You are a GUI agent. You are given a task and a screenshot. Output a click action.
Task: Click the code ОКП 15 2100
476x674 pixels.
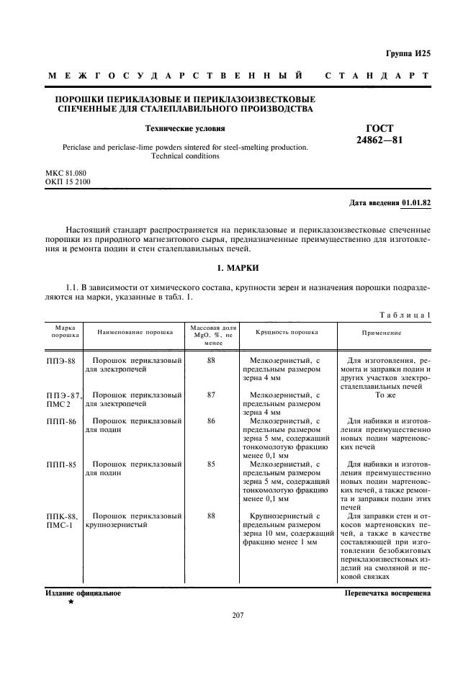click(68, 183)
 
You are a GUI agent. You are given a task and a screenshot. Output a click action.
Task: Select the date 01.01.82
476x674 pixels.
click(416, 203)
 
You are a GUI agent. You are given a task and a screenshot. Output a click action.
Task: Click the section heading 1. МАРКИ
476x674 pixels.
click(238, 267)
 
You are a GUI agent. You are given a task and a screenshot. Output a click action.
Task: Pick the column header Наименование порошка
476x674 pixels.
click(135, 333)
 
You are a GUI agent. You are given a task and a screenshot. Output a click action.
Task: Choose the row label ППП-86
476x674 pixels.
click(60, 421)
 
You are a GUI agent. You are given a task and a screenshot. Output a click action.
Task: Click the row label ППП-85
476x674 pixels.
click(60, 464)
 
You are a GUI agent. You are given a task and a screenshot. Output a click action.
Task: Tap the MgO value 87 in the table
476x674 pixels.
click(211, 395)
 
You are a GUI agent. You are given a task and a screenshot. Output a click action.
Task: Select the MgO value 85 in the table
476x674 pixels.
click(211, 464)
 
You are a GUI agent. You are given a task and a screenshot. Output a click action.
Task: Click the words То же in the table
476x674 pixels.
click(386, 395)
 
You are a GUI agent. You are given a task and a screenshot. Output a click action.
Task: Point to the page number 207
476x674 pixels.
click(238, 614)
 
